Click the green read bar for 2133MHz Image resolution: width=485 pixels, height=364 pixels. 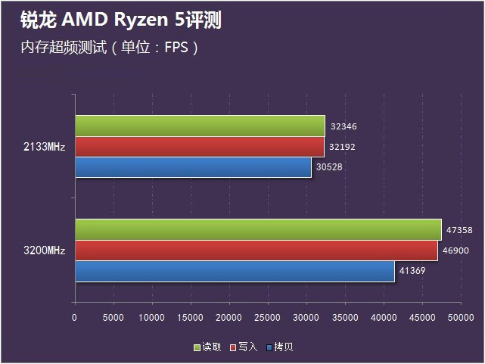click(200, 126)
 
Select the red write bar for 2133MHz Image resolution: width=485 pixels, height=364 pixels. click(200, 146)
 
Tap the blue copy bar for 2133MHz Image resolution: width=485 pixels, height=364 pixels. click(193, 166)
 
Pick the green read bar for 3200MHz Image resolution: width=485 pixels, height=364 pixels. click(258, 229)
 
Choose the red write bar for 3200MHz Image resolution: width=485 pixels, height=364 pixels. click(256, 250)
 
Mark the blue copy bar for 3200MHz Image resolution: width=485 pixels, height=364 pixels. click(235, 271)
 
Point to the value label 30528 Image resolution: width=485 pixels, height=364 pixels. click(330, 167)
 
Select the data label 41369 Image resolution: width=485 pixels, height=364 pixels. click(412, 271)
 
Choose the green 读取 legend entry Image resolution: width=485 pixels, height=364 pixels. click(208, 347)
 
